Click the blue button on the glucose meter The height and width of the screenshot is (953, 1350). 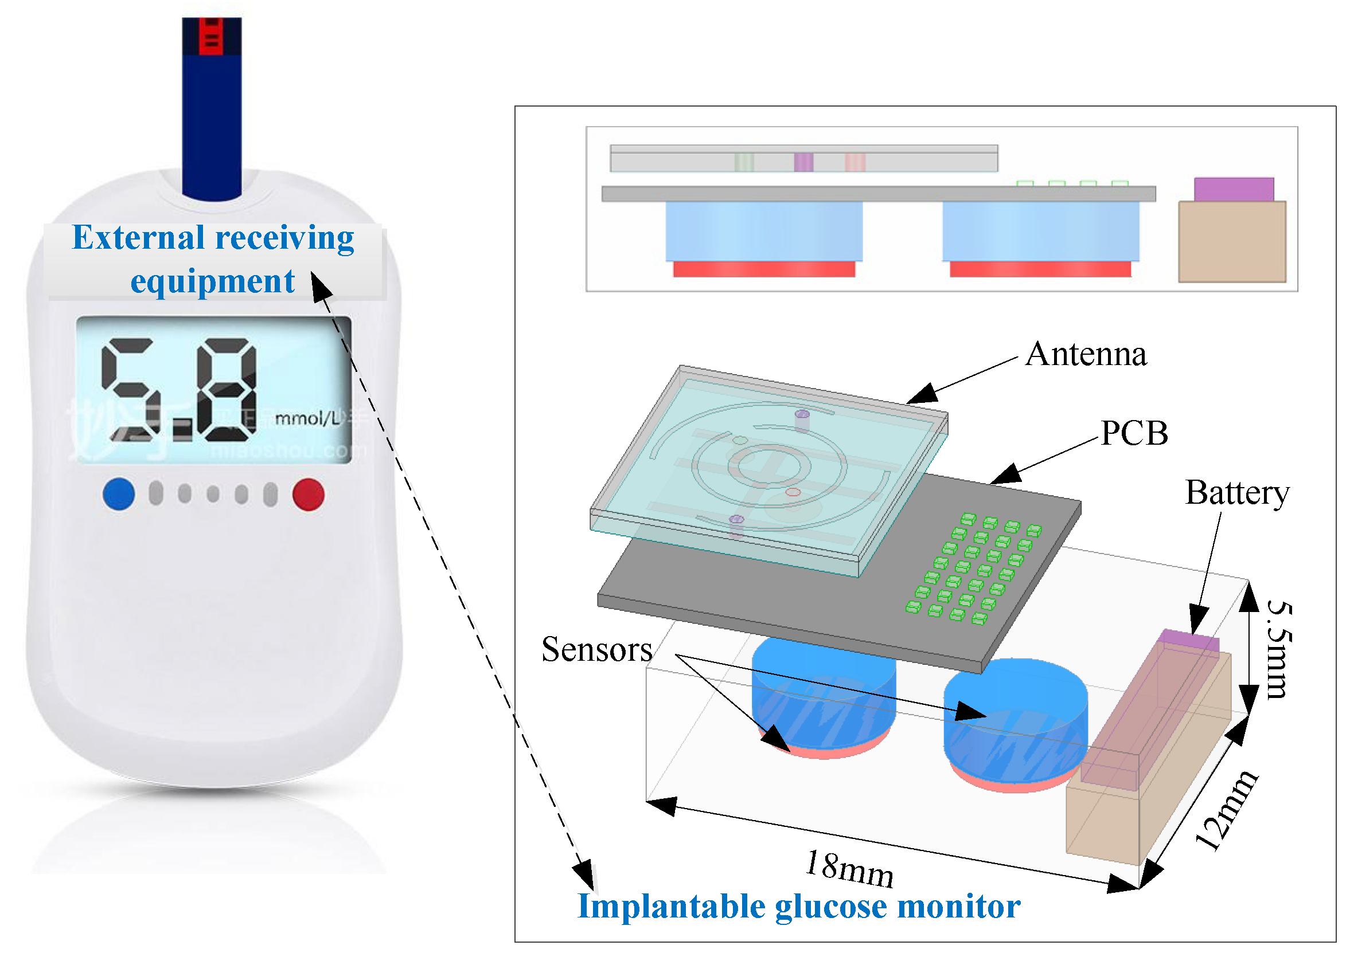coord(118,494)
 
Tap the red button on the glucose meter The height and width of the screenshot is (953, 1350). coord(309,495)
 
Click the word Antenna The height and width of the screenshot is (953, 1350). coord(1086,355)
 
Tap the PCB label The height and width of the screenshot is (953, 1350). coord(1134,434)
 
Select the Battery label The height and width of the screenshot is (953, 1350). coord(1236,493)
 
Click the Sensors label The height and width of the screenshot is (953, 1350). coord(596,650)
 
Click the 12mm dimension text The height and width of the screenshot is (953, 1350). coord(1226,811)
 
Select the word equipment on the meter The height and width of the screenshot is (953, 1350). coord(212,281)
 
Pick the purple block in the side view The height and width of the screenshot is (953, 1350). coord(1233,189)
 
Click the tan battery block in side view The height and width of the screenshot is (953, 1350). coord(1231,241)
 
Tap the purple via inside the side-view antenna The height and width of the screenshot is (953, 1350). coord(803,162)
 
